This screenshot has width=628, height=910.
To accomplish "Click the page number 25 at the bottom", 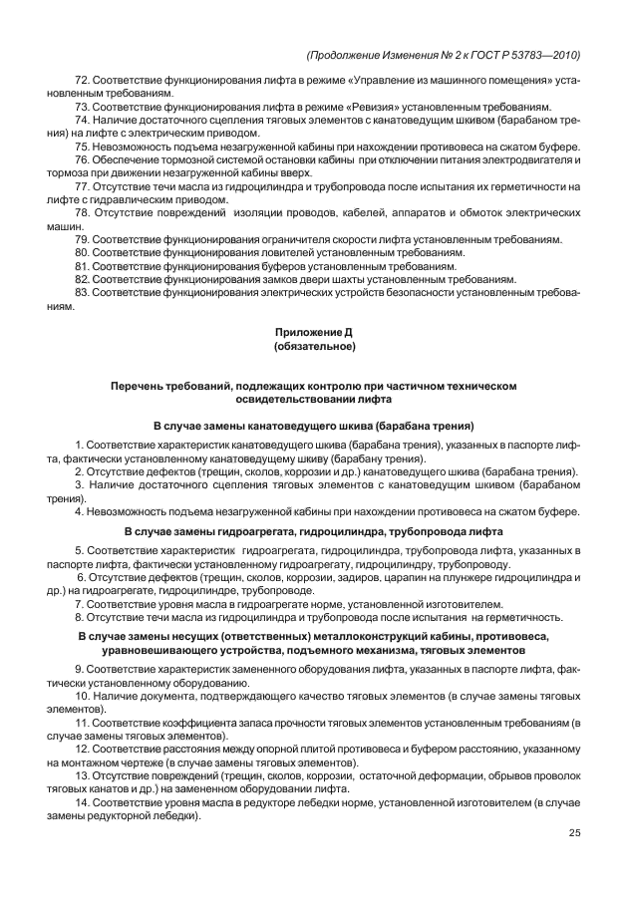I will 574,833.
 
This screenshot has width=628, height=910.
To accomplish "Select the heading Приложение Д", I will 313,330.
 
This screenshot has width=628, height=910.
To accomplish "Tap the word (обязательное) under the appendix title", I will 313,345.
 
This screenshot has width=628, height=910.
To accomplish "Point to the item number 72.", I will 83,78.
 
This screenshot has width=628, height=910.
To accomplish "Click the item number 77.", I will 83,186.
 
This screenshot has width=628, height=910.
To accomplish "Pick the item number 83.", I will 83,293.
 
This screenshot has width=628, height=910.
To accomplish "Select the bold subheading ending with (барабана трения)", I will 313,425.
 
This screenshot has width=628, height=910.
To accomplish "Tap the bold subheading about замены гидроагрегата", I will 313,532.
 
